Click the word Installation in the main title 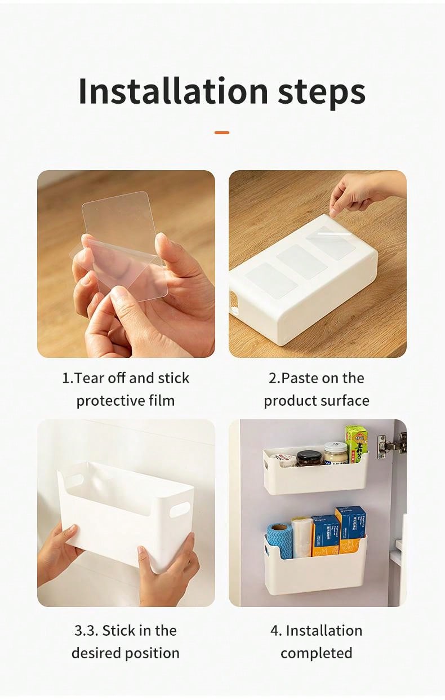coord(173,91)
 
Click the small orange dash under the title coord(222,132)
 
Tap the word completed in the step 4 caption coord(316,653)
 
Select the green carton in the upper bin coord(356,441)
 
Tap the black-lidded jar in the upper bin coord(309,458)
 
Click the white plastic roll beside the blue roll coord(302,538)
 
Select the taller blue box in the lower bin coord(350,529)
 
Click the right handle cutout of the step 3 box coord(179,509)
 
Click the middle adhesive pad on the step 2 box coord(302,262)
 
